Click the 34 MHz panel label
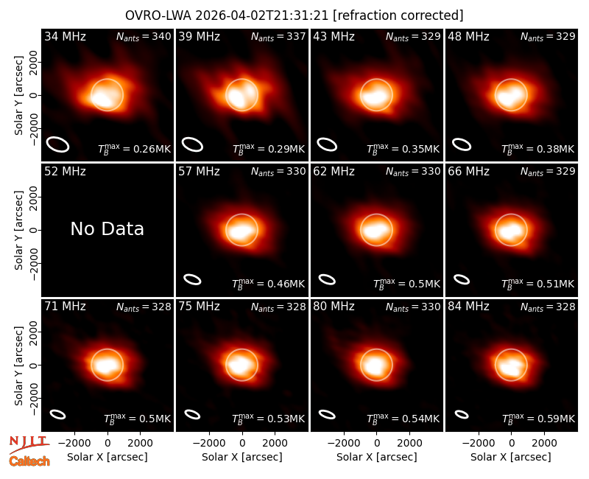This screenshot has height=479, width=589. click(65, 36)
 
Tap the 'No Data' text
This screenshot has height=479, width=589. click(107, 228)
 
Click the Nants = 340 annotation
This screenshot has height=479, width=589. click(144, 36)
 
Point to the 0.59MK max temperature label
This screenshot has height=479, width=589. click(538, 418)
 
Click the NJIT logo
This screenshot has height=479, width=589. click(28, 444)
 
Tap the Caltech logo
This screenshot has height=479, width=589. click(29, 461)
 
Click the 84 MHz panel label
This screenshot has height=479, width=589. click(468, 307)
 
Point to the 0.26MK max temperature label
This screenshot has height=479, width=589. click(135, 148)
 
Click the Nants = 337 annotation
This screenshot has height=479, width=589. click(278, 36)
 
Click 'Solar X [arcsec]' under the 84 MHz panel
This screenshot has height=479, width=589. click(511, 457)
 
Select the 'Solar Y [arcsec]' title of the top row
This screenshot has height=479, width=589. click(18, 96)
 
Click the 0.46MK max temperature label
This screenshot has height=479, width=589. click(268, 283)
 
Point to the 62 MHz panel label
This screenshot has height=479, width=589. click(334, 172)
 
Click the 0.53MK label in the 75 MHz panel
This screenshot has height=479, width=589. click(268, 418)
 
